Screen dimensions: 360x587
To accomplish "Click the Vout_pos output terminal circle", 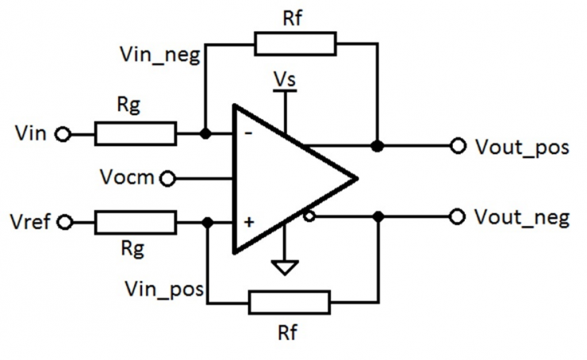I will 458,146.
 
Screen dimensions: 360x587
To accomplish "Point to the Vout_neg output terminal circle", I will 458,216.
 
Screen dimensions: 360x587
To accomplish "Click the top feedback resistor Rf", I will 294,44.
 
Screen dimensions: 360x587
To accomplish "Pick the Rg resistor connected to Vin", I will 135,134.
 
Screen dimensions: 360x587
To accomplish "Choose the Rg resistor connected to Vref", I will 135,222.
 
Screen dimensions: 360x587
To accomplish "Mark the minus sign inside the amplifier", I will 248,134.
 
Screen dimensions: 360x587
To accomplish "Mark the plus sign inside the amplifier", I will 249,222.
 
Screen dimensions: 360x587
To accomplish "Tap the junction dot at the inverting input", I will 205,134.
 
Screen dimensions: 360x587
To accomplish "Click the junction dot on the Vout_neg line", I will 380,216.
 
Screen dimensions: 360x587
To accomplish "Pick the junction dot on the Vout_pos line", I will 378,146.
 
